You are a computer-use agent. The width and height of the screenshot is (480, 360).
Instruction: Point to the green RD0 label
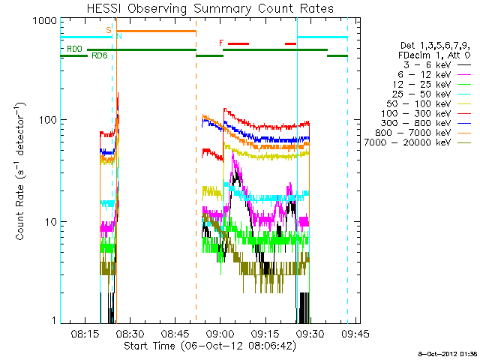point(74,49)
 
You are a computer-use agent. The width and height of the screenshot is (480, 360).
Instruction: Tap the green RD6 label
point(98,55)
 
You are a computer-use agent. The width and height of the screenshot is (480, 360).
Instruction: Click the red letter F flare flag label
point(221,43)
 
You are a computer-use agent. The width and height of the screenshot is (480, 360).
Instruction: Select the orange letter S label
point(109,30)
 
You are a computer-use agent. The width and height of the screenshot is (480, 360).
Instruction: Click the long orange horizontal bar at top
point(156,31)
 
